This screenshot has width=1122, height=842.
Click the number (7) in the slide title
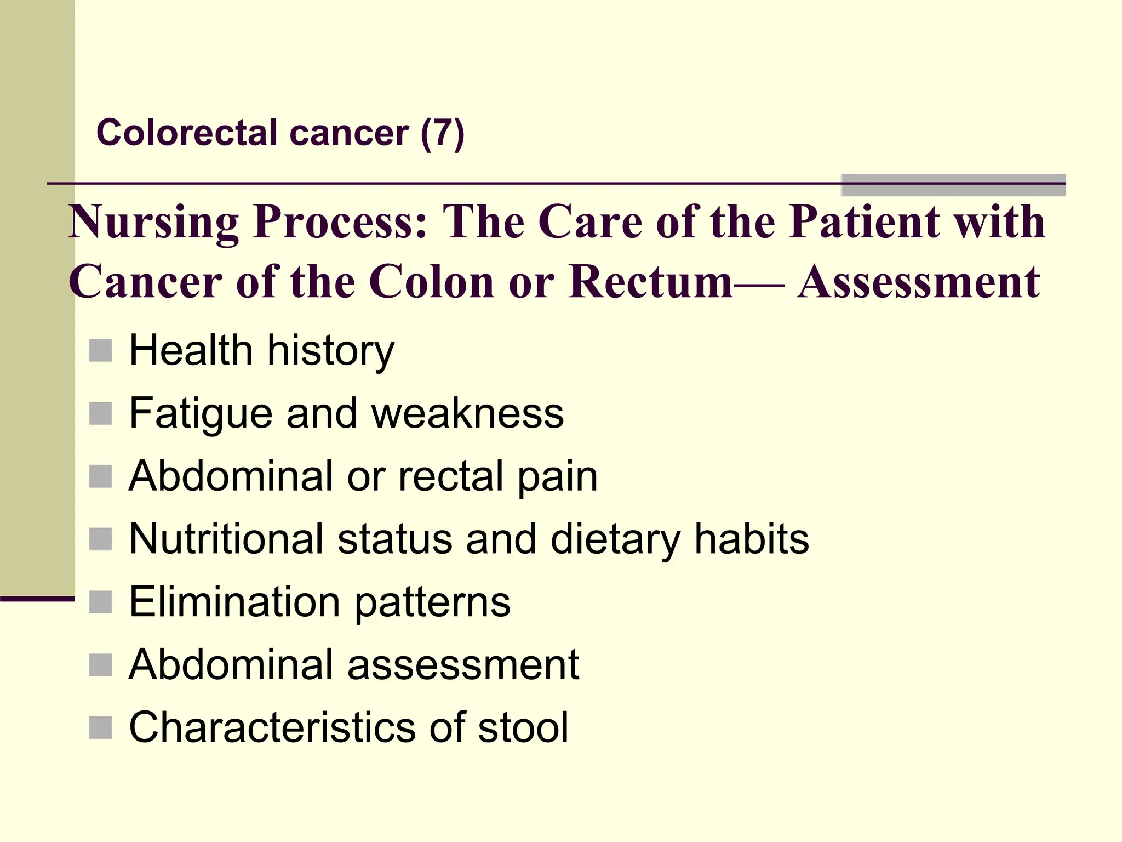click(x=443, y=133)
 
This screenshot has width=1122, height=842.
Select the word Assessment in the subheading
click(x=918, y=282)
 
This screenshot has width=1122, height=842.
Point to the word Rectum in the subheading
click(x=650, y=282)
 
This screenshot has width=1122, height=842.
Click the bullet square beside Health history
click(x=101, y=350)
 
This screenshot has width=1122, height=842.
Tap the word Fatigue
click(x=201, y=414)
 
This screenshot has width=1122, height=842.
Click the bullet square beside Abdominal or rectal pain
click(x=101, y=476)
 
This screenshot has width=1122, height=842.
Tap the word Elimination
click(x=234, y=602)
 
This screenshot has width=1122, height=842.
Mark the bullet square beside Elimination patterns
click(x=101, y=602)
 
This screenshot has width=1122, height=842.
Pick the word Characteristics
click(x=272, y=727)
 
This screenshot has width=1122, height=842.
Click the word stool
click(x=523, y=727)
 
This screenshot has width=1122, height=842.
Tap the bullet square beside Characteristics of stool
click(x=101, y=727)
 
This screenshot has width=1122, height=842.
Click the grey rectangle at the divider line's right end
click(x=953, y=185)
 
